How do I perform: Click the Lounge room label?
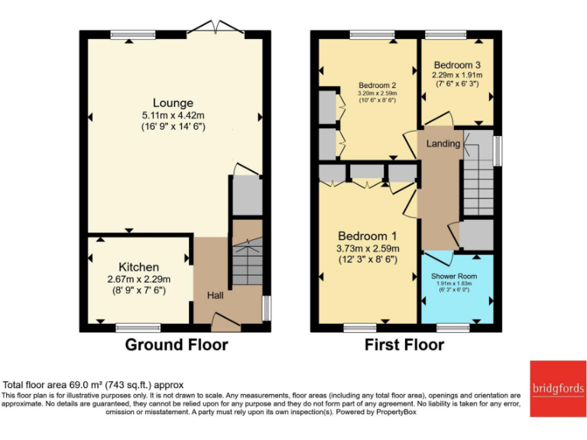click(x=173, y=103)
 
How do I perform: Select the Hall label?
click(x=215, y=296)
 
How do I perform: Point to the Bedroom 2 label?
click(x=377, y=85)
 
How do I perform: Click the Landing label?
click(x=443, y=144)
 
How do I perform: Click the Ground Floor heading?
click(x=177, y=345)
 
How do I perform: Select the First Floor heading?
click(x=404, y=345)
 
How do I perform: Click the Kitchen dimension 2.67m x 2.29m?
click(x=138, y=280)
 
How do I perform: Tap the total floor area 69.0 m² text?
click(x=93, y=385)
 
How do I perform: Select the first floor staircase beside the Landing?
click(x=478, y=183)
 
